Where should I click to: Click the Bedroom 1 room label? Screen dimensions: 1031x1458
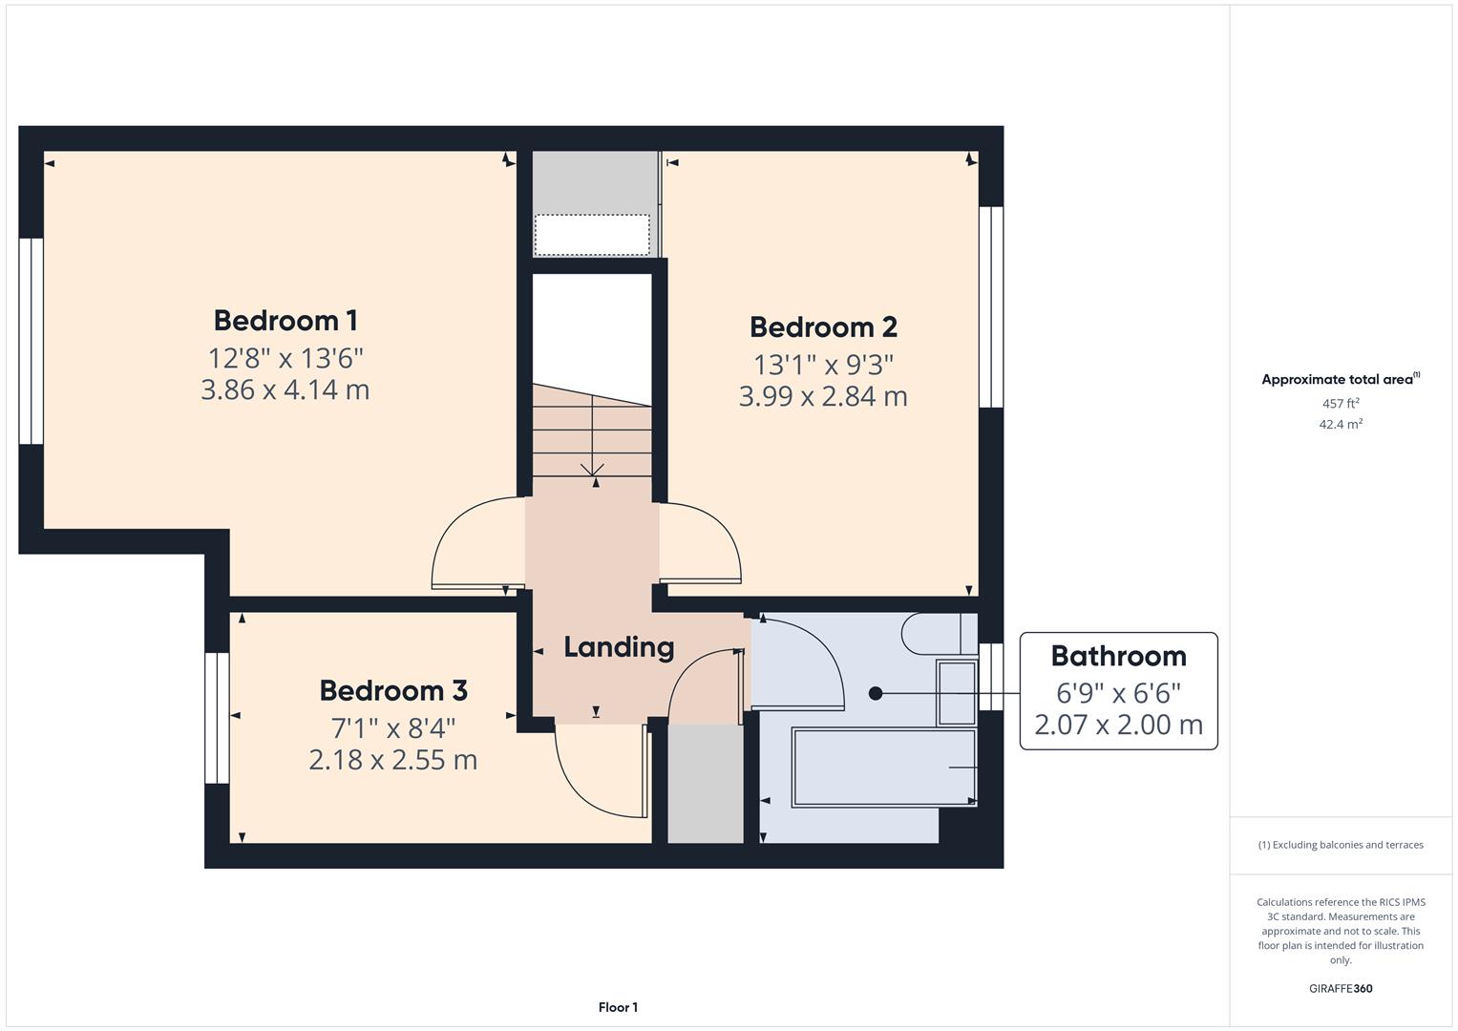coord(285,320)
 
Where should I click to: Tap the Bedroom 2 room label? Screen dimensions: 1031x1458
coord(823,327)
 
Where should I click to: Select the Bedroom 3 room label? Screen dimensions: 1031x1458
coord(392,690)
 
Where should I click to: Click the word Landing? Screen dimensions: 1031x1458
coord(619,647)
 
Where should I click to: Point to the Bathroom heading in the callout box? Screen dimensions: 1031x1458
coord(1118,656)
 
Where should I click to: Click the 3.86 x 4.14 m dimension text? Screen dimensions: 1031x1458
coord(285,390)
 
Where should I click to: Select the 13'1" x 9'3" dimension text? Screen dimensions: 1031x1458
coord(823,365)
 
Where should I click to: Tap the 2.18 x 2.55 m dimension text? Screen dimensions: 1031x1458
coord(392,760)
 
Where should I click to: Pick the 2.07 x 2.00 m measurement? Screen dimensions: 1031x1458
coord(1118,725)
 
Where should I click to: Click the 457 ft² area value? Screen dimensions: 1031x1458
coord(1340,404)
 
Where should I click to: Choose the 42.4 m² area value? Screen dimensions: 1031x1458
coord(1340,425)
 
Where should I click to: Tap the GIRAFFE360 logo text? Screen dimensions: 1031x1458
coord(1340,988)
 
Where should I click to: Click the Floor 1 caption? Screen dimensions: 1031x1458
coord(618,1007)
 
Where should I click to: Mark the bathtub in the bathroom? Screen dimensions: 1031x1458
coord(883,768)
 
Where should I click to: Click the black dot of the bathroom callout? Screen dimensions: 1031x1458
coord(876,694)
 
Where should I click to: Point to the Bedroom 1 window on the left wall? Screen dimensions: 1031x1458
coord(32,341)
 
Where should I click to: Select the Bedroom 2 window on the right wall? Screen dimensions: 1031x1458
coord(991,306)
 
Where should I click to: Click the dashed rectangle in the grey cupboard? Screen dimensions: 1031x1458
coord(591,235)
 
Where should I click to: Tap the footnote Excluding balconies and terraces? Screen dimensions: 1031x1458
coord(1340,845)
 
